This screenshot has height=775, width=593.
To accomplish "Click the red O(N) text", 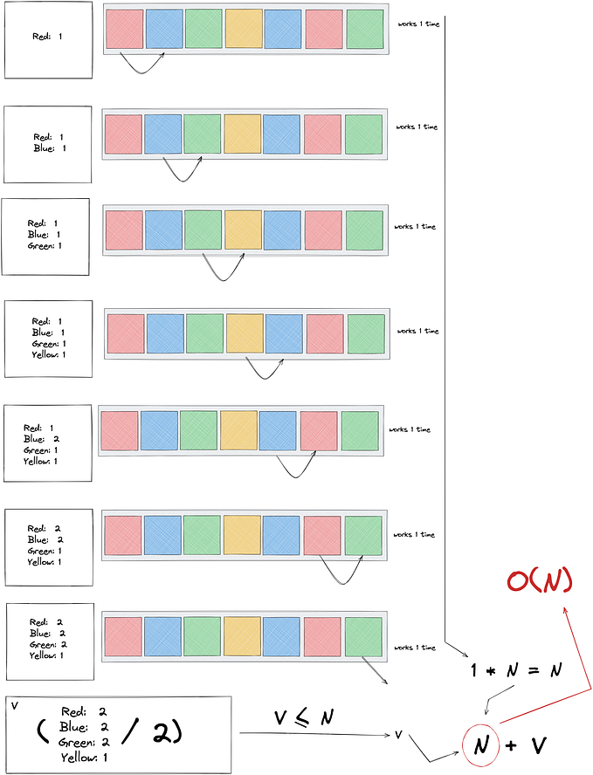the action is coord(540,580).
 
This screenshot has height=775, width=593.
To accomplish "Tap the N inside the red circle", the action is coord(481,745).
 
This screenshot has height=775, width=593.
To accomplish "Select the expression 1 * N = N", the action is coord(517,670).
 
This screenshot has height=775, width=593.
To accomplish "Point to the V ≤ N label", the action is coord(304,717).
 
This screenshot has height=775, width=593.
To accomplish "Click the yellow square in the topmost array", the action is coord(244,29).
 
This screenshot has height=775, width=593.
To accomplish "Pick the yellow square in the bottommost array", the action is coord(242,636).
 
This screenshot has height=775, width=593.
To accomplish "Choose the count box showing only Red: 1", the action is coord(48,39).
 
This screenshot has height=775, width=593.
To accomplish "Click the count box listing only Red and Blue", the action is coord(48,144).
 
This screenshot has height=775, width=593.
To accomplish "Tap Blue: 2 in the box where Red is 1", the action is coord(42,439).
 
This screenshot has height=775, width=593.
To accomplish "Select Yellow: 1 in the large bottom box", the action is coord(84,758).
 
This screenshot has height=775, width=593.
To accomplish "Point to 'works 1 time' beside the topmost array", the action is coord(419,24).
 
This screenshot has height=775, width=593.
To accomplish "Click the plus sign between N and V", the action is coord(511,745).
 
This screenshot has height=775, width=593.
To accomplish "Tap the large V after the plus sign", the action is coord(539,745).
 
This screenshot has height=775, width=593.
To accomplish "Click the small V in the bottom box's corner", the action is coord(14,706).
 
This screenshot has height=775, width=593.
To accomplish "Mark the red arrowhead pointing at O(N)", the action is coord(566,612).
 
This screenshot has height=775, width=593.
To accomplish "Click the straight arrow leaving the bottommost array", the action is coord(375,670).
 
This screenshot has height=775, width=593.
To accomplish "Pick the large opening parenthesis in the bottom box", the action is coord(43,732).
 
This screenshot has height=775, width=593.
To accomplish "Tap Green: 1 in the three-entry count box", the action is coord(45,246).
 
